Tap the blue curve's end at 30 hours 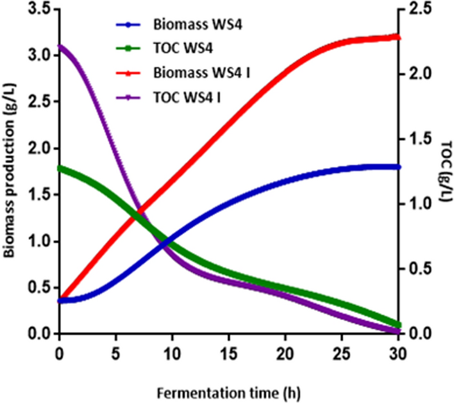398,167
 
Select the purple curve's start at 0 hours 60,47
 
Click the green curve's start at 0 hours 60,168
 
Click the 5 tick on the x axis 115,351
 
